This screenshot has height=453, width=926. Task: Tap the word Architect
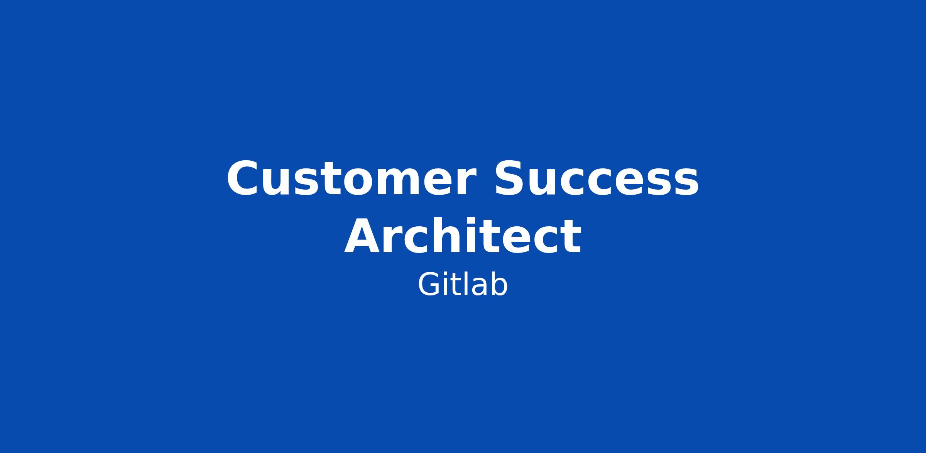tap(463, 236)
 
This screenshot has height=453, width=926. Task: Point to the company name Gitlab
tap(463, 285)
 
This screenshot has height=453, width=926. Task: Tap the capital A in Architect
tap(363, 236)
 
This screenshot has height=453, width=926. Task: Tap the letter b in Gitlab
tap(499, 285)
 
